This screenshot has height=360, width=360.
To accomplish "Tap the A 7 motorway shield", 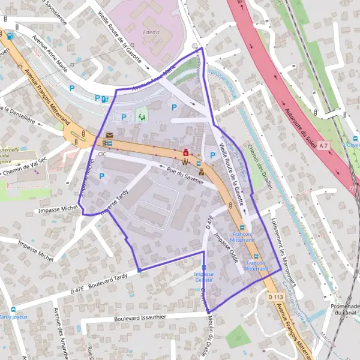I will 324,146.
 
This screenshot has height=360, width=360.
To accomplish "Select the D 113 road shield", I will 275,297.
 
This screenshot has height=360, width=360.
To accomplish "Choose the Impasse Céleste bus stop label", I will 203,277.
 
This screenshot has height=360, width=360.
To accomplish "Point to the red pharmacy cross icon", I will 186,152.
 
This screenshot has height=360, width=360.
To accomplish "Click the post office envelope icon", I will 109,136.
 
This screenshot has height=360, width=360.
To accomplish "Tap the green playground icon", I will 142,115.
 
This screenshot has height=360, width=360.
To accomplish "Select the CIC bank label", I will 101,155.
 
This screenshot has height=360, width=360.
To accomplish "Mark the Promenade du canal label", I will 344,309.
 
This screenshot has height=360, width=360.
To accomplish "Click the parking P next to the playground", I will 124,117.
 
